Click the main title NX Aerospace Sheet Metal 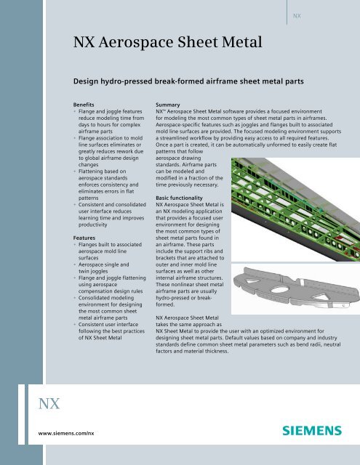coord(167,48)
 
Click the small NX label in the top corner coord(297,15)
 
